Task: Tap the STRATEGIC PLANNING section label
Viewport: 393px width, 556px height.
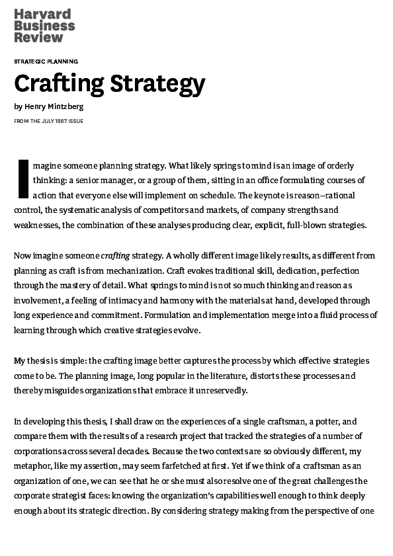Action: (46, 61)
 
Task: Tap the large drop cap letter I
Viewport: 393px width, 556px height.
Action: (22, 179)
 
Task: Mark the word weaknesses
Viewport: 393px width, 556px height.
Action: (36, 225)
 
